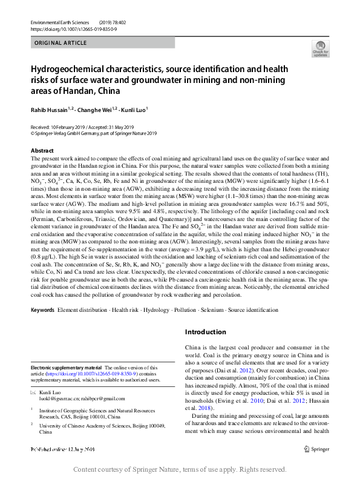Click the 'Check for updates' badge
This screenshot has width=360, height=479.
319,48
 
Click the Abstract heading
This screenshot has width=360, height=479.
42,150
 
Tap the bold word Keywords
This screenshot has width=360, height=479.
43,309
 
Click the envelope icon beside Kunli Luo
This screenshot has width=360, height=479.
33,392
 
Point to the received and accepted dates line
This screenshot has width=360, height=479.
82,127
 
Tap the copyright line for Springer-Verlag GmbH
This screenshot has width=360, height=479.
93,134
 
